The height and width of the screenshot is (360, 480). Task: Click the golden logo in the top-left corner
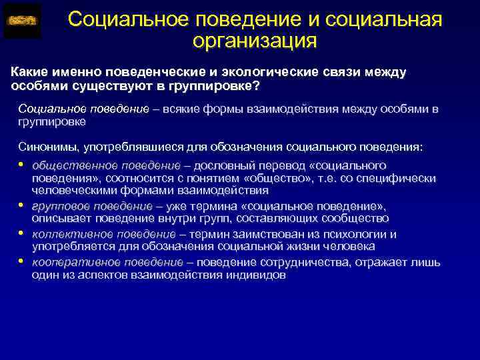click(21, 21)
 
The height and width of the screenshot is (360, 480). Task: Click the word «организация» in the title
click(254, 41)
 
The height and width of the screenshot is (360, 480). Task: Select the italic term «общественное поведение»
click(106, 165)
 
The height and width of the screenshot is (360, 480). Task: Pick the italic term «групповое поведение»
click(92, 206)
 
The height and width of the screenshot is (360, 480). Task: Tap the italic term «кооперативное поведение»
click(107, 262)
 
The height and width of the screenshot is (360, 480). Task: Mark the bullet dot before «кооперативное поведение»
click(21, 261)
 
